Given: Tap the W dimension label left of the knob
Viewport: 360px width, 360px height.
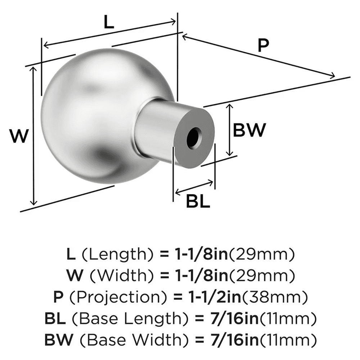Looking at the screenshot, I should (18, 137).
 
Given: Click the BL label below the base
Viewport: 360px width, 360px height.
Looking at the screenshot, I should (198, 202).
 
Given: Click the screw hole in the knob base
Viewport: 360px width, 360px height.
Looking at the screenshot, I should (193, 137).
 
